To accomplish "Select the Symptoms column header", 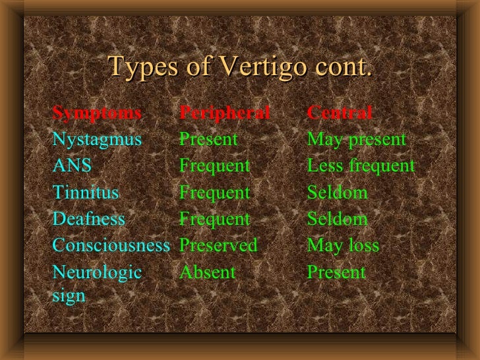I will coord(97,113).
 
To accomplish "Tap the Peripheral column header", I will coord(225,113).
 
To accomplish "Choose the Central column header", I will coord(340,113).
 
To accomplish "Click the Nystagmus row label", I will coord(97,140).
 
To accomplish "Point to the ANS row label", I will coord(72,166).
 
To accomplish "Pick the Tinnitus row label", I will coord(86,193).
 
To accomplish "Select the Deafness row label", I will coord(88,220).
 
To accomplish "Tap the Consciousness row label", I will coord(111,246).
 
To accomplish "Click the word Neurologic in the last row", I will coord(97,272).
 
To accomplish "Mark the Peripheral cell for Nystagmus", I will coord(208,140).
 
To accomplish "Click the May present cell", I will coord(357,140).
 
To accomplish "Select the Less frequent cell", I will coord(361,166).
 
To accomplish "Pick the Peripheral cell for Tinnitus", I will coord(215,193).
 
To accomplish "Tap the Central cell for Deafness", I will coord(338,220).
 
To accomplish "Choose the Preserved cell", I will coord(218,246).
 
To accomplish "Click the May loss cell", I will coord(343,246).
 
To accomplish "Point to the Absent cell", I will coord(207,272).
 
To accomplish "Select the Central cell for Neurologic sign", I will coord(336,272).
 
